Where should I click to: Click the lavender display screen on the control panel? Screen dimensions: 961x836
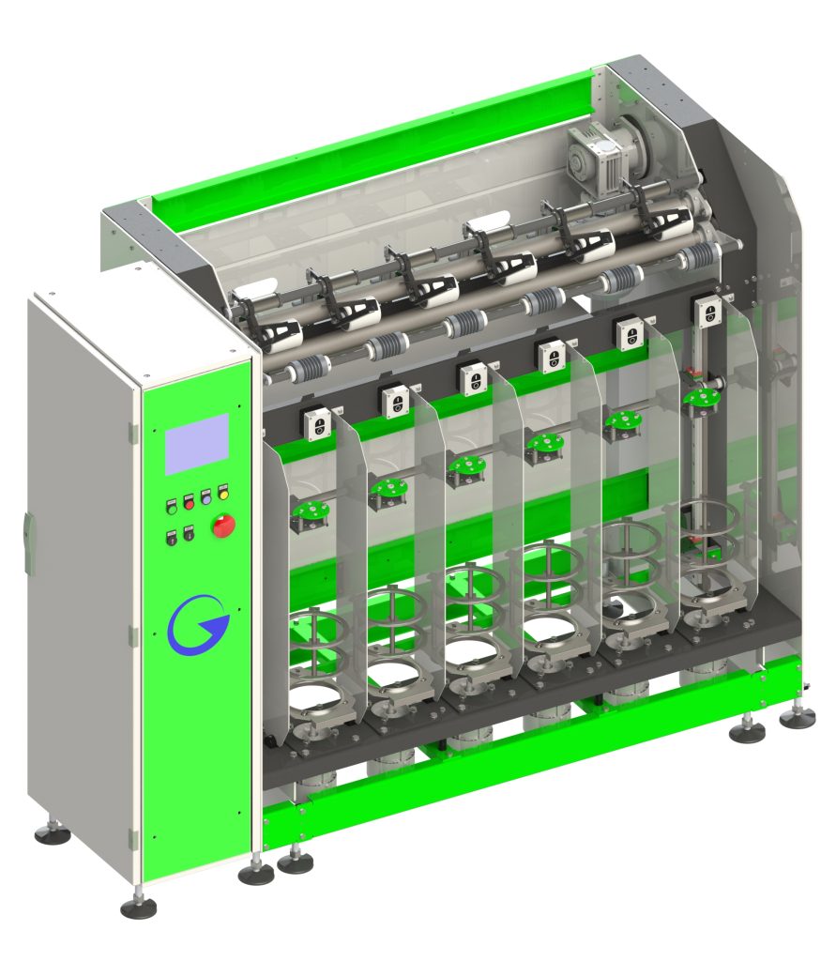[x=197, y=443]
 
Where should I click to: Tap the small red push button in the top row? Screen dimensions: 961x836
[x=188, y=498]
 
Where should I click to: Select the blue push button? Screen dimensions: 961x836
[x=205, y=495]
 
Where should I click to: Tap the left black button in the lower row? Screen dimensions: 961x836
[x=172, y=538]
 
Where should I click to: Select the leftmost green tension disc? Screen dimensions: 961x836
[x=309, y=511]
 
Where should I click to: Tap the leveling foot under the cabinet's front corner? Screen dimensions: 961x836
[x=139, y=907]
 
